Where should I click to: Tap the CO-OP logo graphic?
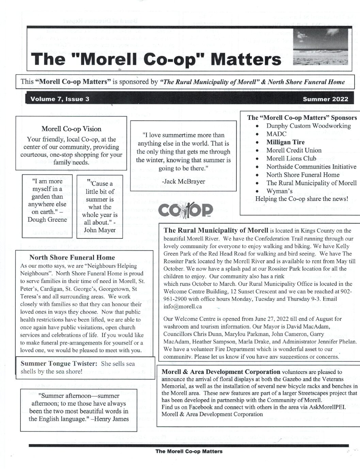(186, 210)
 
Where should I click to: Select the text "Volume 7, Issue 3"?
(60, 99)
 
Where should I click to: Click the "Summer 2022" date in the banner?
(325, 99)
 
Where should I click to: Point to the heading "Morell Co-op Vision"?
(72, 129)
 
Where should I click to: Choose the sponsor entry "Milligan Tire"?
(285, 142)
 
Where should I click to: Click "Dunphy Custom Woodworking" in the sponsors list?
(308, 126)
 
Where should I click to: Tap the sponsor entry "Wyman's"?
(279, 191)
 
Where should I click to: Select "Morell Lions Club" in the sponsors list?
(291, 158)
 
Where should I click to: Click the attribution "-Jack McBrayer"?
(183, 181)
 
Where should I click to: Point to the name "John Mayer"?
(100, 230)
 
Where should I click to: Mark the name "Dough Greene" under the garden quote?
(47, 219)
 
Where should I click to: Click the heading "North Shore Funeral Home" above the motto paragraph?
(72, 257)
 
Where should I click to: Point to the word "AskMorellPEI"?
(327, 407)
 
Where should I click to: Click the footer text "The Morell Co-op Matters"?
(189, 451)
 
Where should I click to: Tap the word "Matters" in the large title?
(246, 59)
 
